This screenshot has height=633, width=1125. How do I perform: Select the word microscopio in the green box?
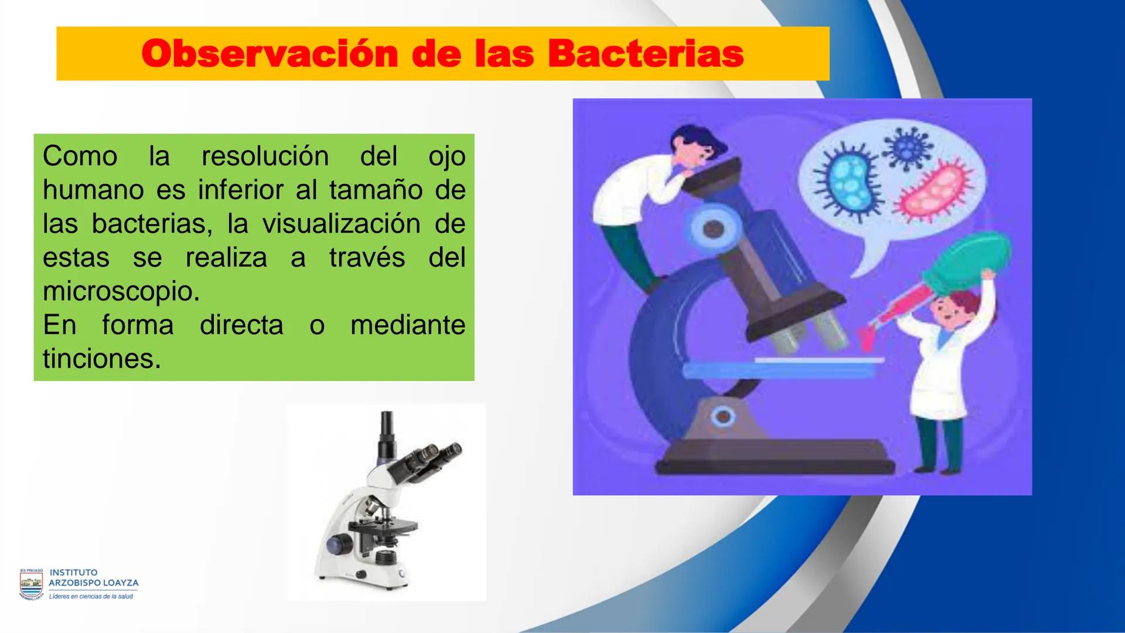(x=121, y=291)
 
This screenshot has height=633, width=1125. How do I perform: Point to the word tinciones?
(x=101, y=359)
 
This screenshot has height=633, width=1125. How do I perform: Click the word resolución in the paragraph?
(x=265, y=156)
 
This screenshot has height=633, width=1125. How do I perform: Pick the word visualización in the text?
(x=341, y=224)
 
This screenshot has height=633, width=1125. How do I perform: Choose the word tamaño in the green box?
(x=376, y=190)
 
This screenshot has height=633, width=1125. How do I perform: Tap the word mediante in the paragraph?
(x=408, y=325)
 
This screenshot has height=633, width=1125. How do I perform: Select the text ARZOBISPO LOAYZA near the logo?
(x=94, y=583)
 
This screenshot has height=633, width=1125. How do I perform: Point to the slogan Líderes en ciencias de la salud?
(x=91, y=597)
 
